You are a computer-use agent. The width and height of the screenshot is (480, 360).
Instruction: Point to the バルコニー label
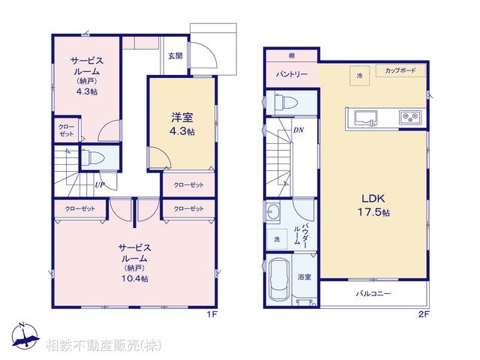point(373,294)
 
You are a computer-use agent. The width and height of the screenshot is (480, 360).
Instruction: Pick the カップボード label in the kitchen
point(401,70)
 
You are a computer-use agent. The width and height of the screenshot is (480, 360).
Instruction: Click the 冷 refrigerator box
point(360,76)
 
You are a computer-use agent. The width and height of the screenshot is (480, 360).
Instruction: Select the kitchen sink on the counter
point(366,118)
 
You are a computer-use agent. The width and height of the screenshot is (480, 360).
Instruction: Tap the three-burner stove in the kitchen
point(410,118)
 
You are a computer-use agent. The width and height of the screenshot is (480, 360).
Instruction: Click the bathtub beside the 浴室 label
point(278,281)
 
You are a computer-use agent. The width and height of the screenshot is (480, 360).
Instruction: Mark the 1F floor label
point(211,314)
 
